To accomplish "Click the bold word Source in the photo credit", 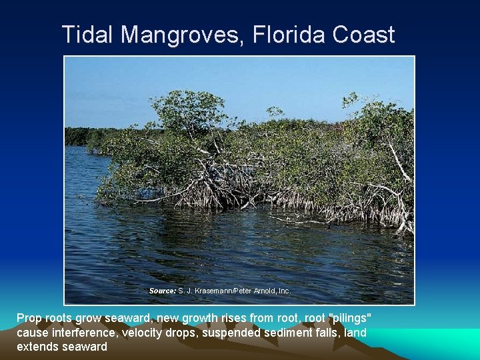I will click(163, 291).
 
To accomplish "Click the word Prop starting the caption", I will click(29, 318).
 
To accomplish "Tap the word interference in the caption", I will click(86, 332).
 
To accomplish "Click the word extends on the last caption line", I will click(36, 347).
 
